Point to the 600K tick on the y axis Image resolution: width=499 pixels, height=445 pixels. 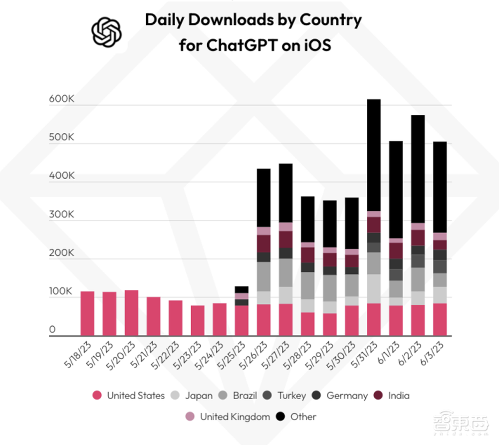tap(61, 99)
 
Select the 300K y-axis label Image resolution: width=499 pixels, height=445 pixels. tap(61, 215)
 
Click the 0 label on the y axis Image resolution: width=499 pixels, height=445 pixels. tap(52, 330)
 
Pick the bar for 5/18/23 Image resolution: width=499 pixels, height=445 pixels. tap(87, 313)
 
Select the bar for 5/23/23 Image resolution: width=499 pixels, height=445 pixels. tap(198, 320)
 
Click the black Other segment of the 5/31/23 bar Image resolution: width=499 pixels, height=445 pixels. tap(374, 155)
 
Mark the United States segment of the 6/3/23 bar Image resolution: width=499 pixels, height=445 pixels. tap(440, 319)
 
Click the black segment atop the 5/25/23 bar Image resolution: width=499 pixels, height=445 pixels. tap(242, 289)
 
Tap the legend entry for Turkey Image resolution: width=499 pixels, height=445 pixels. tap(285, 396)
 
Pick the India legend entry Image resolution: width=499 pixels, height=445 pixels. tap(392, 396)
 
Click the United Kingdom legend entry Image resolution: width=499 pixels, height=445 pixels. tap(229, 417)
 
